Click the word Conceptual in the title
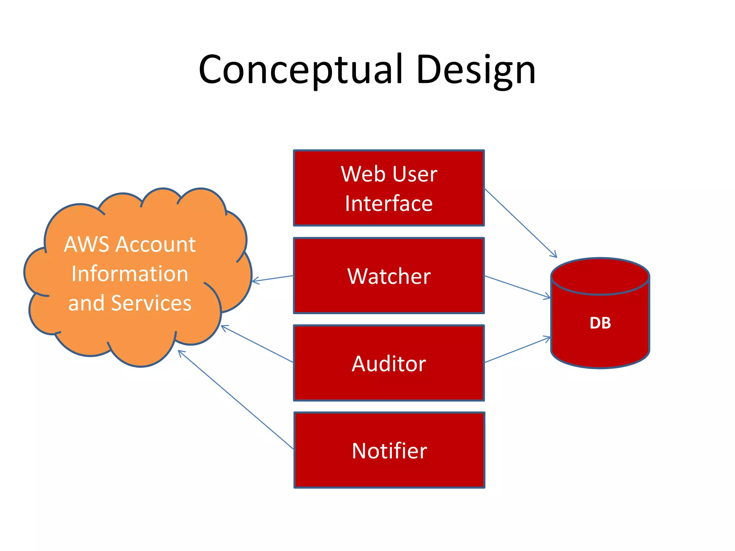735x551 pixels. [x=300, y=70]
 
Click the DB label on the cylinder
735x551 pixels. [x=600, y=323]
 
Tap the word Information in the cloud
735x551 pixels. [x=130, y=274]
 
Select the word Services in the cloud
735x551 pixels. [x=151, y=303]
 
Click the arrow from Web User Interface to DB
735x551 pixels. [x=520, y=223]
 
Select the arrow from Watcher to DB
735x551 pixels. [x=517, y=287]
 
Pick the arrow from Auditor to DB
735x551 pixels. [x=517, y=350]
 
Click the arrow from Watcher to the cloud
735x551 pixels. [x=273, y=278]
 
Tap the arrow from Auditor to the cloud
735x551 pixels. [x=257, y=344]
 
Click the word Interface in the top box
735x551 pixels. [x=389, y=204]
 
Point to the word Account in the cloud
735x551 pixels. [x=156, y=245]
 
